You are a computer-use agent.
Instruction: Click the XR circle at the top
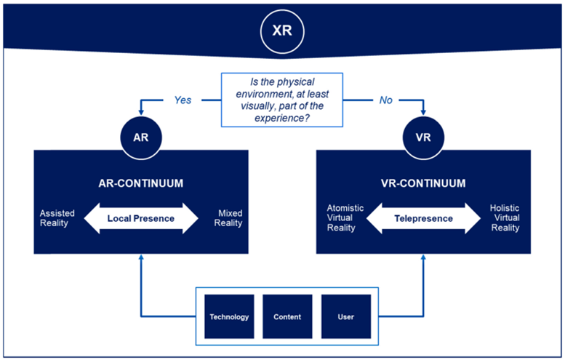pyautogui.click(x=282, y=31)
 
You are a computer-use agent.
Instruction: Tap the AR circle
pyautogui.click(x=141, y=137)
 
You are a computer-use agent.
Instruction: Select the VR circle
pyautogui.click(x=423, y=137)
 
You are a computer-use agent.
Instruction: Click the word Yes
pyautogui.click(x=183, y=100)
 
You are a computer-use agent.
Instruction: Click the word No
pyautogui.click(x=385, y=100)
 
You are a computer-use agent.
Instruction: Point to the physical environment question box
pyautogui.click(x=282, y=100)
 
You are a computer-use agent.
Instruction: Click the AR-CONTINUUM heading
pyautogui.click(x=141, y=183)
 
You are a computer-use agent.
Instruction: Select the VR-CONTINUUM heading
pyautogui.click(x=423, y=183)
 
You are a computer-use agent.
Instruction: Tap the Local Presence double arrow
pyautogui.click(x=141, y=218)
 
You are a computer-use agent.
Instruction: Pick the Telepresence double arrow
pyautogui.click(x=423, y=218)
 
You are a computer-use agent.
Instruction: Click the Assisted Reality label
pyautogui.click(x=57, y=218)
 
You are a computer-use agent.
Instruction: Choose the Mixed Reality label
pyautogui.click(x=228, y=218)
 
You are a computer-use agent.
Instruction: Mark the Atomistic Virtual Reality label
pyautogui.click(x=345, y=217)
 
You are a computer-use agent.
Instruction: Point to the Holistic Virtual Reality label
pyautogui.click(x=505, y=217)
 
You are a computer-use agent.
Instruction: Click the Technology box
pyautogui.click(x=229, y=316)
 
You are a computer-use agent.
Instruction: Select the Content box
pyautogui.click(x=287, y=316)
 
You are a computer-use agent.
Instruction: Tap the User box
pyautogui.click(x=346, y=316)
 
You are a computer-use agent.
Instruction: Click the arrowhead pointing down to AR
pyautogui.click(x=141, y=112)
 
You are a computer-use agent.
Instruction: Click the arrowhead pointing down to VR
pyautogui.click(x=423, y=112)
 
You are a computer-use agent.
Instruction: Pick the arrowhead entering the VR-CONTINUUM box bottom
pyautogui.click(x=423, y=257)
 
